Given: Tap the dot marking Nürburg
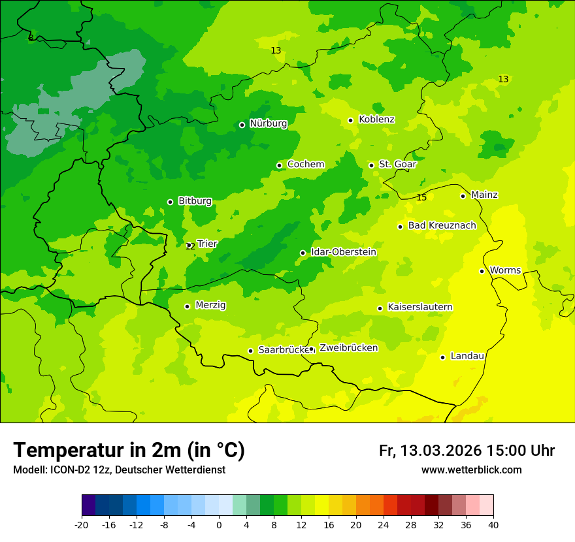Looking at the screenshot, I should coord(242,125).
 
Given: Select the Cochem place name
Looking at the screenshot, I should coord(306,165).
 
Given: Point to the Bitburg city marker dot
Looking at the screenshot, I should coord(170,202).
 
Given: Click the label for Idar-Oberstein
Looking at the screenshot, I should coord(343,252).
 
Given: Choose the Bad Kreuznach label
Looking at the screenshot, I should coord(442,226).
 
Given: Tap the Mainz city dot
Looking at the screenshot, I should coord(463,196).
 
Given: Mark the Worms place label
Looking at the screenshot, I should coord(505,270).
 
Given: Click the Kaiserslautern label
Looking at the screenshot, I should coord(420,308).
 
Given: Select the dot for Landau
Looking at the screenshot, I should coord(442,357).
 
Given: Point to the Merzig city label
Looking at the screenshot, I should coord(210,306).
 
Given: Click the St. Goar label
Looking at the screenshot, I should coord(397,165).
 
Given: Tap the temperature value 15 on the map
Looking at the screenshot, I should coord(421,198).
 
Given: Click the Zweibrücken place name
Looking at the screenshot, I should coord(348,348).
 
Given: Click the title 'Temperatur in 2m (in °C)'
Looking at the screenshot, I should coord(129,451).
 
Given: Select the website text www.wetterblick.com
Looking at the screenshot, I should coord(471,470).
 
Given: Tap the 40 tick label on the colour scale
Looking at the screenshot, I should coord(493,525).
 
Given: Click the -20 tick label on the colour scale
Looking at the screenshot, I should coord(82,525).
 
